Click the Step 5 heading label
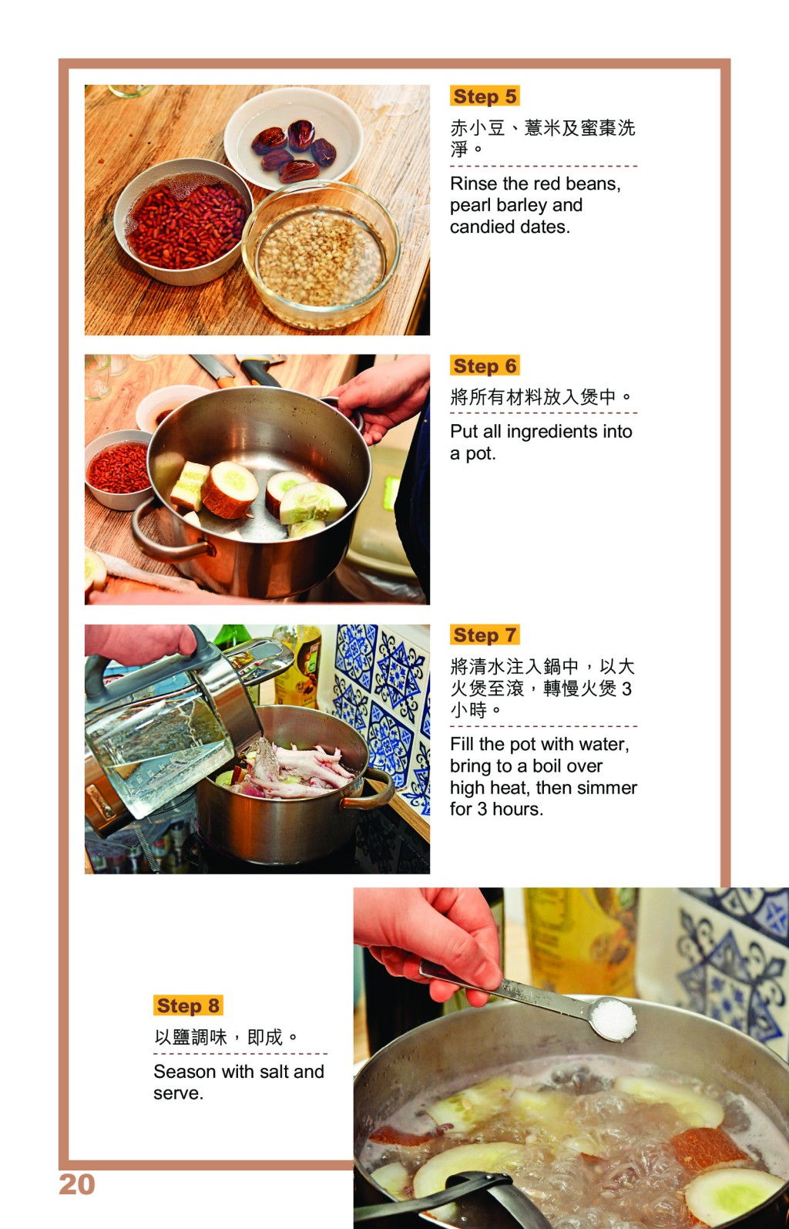[x=485, y=96]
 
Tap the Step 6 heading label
[x=485, y=365]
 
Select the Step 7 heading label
[x=485, y=635]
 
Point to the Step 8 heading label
[x=188, y=1005]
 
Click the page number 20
[x=77, y=1184]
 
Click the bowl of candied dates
[x=294, y=138]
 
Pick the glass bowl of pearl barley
[x=321, y=255]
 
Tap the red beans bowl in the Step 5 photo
[x=183, y=221]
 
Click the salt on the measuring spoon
[x=613, y=1019]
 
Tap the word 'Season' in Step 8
[x=185, y=1072]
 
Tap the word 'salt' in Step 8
[x=275, y=1072]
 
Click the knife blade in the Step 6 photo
[x=211, y=367]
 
